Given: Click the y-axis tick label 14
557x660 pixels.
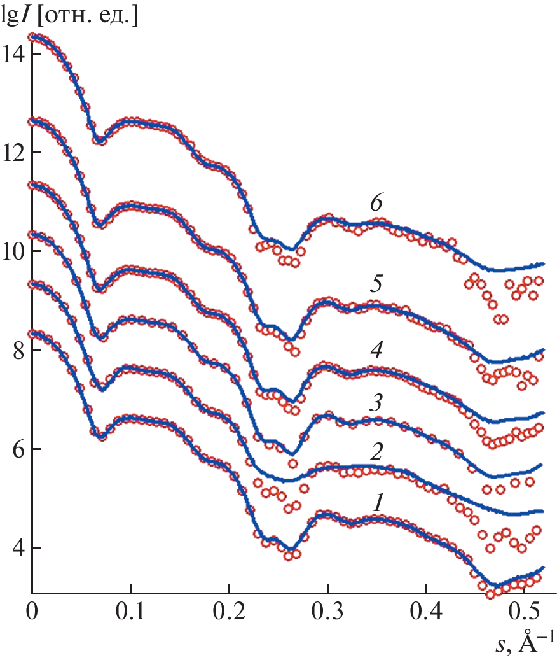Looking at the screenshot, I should (x=13, y=53).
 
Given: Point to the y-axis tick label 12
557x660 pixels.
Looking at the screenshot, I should (x=13, y=153).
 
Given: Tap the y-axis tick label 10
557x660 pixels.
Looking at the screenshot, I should (x=13, y=251).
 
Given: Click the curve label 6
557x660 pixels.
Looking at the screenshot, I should (x=376, y=204).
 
